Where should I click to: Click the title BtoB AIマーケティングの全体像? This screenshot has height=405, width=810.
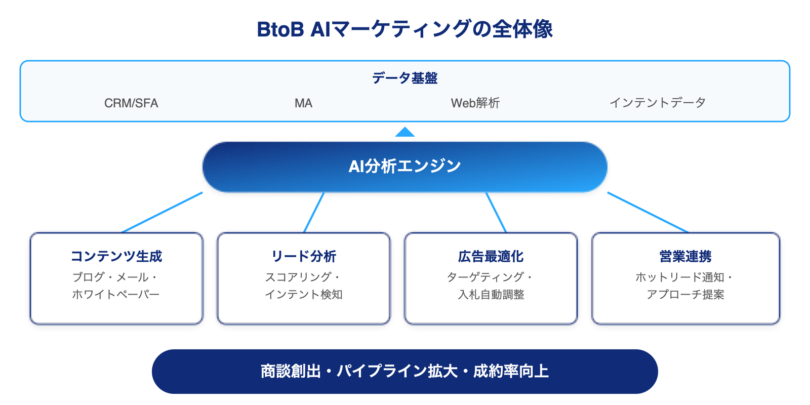pos(404,29)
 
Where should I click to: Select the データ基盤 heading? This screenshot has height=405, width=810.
pos(404,78)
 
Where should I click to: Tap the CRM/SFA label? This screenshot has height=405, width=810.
pos(131,103)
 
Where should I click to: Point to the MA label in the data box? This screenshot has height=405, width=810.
pos(303,103)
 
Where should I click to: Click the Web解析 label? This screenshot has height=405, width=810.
pos(475,103)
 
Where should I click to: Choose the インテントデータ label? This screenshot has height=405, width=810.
pos(657,103)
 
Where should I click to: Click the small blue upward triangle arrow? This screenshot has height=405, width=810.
pos(405,132)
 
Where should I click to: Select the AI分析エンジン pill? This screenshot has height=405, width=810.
pos(404,167)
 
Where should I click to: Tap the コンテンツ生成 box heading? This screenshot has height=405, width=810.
pos(116,256)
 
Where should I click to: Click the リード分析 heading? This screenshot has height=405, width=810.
pos(304,256)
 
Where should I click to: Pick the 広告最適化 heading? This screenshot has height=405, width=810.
pos(491,256)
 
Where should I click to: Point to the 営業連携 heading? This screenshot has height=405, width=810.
pos(685,256)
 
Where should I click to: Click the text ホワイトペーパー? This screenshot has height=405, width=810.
pos(116,294)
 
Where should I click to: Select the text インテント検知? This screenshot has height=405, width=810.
pos(304,294)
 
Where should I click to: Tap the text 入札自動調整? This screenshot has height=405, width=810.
pos(491,294)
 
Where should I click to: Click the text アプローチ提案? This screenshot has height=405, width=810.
pos(685,294)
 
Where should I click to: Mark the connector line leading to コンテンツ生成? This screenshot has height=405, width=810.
pos(162,212)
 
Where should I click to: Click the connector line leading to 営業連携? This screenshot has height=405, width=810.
pos(648,212)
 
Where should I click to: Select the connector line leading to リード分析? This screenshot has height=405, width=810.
pos(314,212)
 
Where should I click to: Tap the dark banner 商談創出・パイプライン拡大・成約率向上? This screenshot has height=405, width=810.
pos(404,371)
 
